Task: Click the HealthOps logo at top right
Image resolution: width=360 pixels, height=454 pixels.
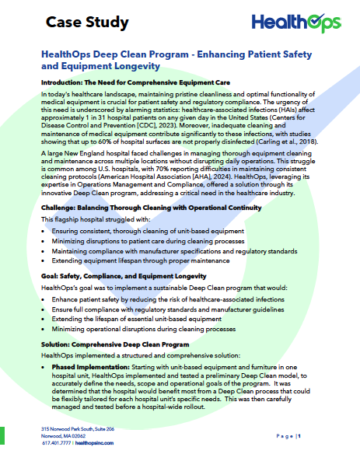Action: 302,22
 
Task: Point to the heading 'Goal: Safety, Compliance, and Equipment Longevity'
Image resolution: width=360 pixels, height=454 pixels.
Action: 131,276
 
